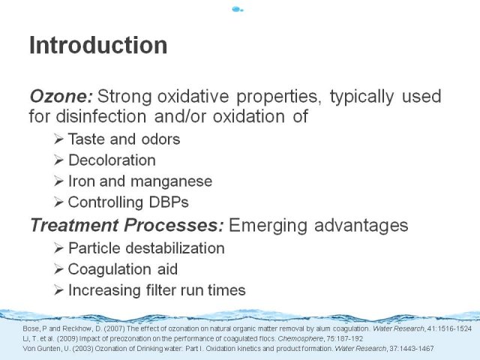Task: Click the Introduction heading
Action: click(98, 45)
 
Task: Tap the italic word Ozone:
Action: click(61, 96)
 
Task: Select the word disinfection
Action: click(101, 116)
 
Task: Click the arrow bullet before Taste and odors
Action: click(58, 139)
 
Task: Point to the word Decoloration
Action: click(112, 160)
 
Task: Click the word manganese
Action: click(172, 181)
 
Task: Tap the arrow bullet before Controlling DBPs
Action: click(58, 202)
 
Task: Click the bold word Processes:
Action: click(174, 225)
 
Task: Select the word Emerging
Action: click(268, 226)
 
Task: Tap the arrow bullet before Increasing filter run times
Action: click(58, 290)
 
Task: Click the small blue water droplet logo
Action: click(238, 10)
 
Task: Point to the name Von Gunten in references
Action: click(38, 348)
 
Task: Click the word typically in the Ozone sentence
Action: click(362, 97)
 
